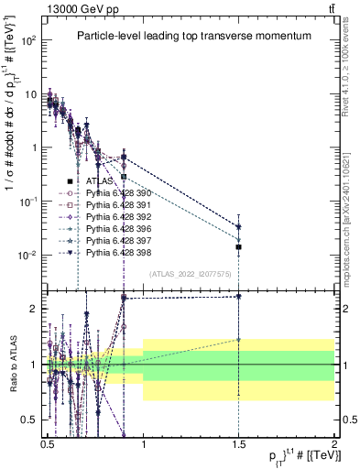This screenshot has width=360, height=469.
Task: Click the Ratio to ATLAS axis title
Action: (x=12, y=364)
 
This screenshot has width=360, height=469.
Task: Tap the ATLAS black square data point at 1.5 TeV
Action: (x=238, y=246)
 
